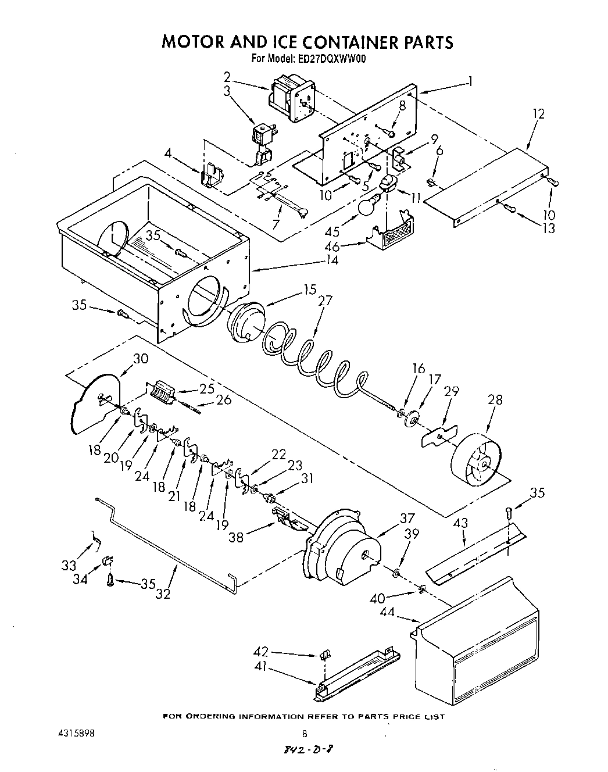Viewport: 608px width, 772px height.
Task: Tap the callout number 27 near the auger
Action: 326,301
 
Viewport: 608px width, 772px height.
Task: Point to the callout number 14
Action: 331,260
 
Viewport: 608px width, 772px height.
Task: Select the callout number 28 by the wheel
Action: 495,400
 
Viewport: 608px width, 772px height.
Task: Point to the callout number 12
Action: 538,114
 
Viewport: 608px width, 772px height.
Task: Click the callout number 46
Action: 332,246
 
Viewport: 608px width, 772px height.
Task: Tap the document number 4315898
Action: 78,733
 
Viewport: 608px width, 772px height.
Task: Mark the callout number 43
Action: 460,523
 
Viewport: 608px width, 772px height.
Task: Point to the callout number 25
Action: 206,388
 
